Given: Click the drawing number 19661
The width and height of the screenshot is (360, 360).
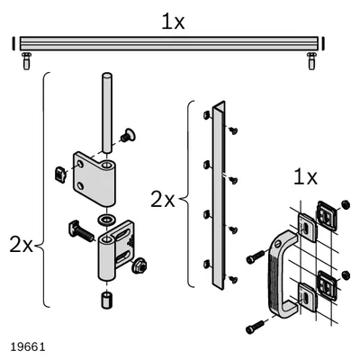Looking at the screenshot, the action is pos(28,346).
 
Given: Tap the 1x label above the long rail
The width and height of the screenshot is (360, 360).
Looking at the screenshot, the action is pos(173,22).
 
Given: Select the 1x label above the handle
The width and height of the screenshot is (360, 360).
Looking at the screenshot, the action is pos(305,177).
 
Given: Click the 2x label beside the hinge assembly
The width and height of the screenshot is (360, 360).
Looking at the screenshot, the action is pos(21,245).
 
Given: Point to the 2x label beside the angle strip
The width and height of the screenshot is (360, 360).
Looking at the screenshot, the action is pos(162,200).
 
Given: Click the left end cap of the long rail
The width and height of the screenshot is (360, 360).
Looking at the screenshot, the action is pos(13,43).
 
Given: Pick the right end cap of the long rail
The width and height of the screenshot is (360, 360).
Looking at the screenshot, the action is pos(323,43).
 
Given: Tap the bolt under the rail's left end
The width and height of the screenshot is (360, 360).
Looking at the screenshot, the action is pos(27,61).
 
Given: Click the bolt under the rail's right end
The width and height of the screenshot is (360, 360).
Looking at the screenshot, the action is pos(312,61).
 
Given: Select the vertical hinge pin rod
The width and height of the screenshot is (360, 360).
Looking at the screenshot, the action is pos(107,112).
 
